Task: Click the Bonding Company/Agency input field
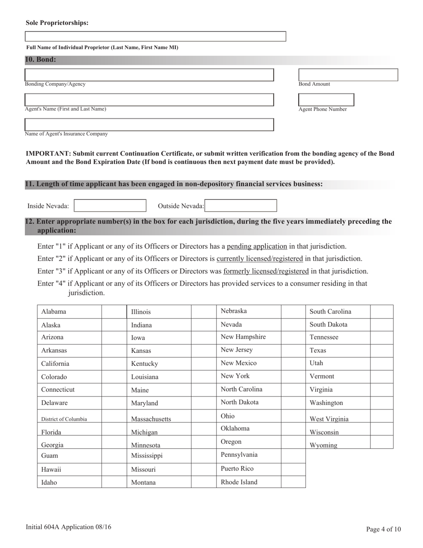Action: coord(149,75)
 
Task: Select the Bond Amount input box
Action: coord(348,75)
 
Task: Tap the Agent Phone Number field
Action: coord(326,99)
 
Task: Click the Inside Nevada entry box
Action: coord(110,205)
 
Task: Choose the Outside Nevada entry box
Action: coord(241,205)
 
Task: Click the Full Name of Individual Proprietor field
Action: coord(155,37)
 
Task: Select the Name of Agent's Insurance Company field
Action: coord(149,124)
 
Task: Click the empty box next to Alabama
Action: coord(114,312)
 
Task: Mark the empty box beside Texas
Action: coord(382,351)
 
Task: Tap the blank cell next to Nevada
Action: coord(293,325)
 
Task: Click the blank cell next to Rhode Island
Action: coord(293,482)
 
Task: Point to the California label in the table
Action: coord(55,364)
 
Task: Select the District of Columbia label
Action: coord(64,419)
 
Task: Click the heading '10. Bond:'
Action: coord(41,60)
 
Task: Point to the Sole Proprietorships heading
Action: coord(57,23)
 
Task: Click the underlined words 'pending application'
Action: coord(257,246)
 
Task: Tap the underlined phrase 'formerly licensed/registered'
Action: coord(266,271)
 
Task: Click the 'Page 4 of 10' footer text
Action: coord(383,529)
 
